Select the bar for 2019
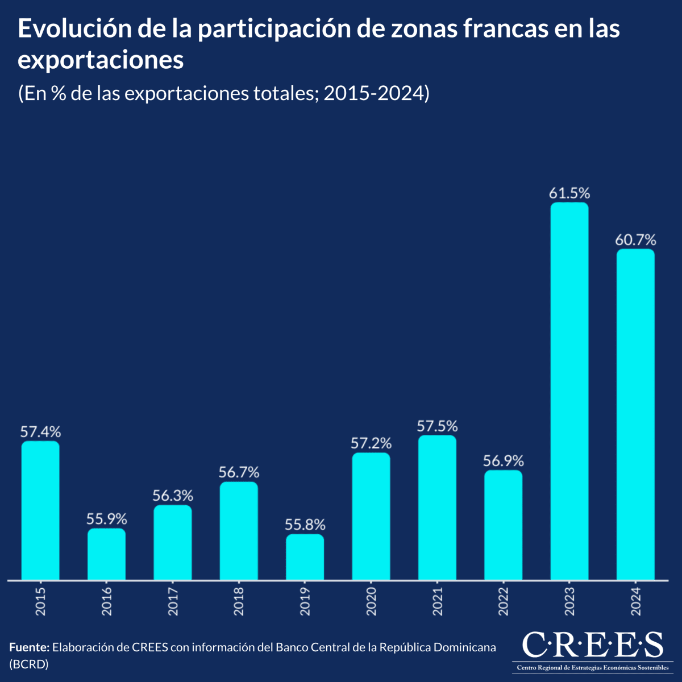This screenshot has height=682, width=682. pyautogui.click(x=305, y=557)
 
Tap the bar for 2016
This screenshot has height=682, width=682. pyautogui.click(x=106, y=554)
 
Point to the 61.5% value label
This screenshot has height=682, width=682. pyautogui.click(x=569, y=193)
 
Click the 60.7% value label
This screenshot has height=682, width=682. pyautogui.click(x=635, y=240)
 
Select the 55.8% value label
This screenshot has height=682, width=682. pyautogui.click(x=305, y=525)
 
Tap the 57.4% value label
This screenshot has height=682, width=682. pyautogui.click(x=40, y=431)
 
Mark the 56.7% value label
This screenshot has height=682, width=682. pyautogui.click(x=239, y=472)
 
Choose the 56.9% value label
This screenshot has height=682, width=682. pyautogui.click(x=503, y=460)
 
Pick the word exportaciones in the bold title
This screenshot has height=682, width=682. pyautogui.click(x=101, y=60)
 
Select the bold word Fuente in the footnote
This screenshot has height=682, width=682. pyautogui.click(x=30, y=647)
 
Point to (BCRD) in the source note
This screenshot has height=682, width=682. pyautogui.click(x=29, y=664)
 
